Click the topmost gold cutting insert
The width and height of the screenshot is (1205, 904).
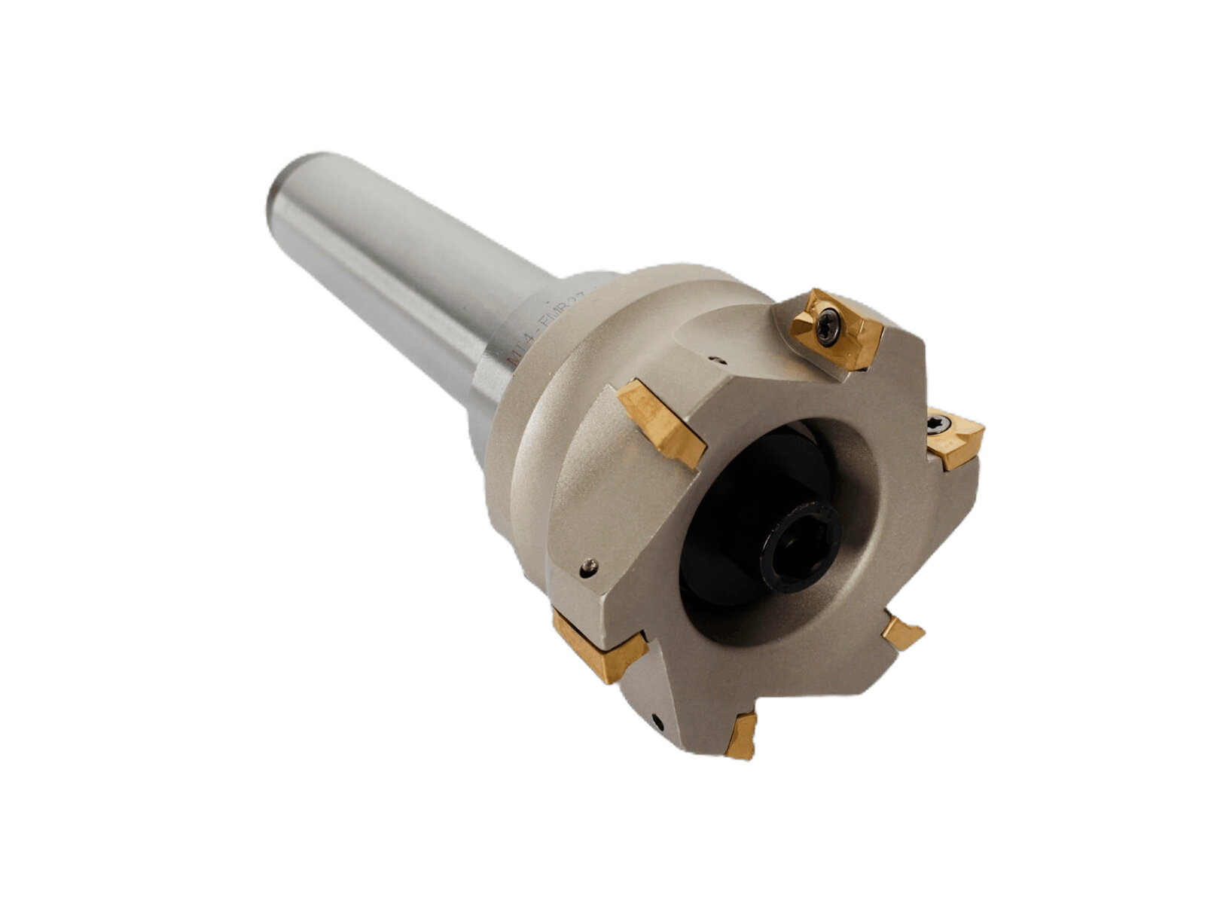point(836,329)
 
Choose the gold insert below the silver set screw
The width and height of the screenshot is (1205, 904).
point(599,644)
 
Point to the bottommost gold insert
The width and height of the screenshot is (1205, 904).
point(741,736)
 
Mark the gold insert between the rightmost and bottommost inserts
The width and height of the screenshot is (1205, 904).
point(901,631)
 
